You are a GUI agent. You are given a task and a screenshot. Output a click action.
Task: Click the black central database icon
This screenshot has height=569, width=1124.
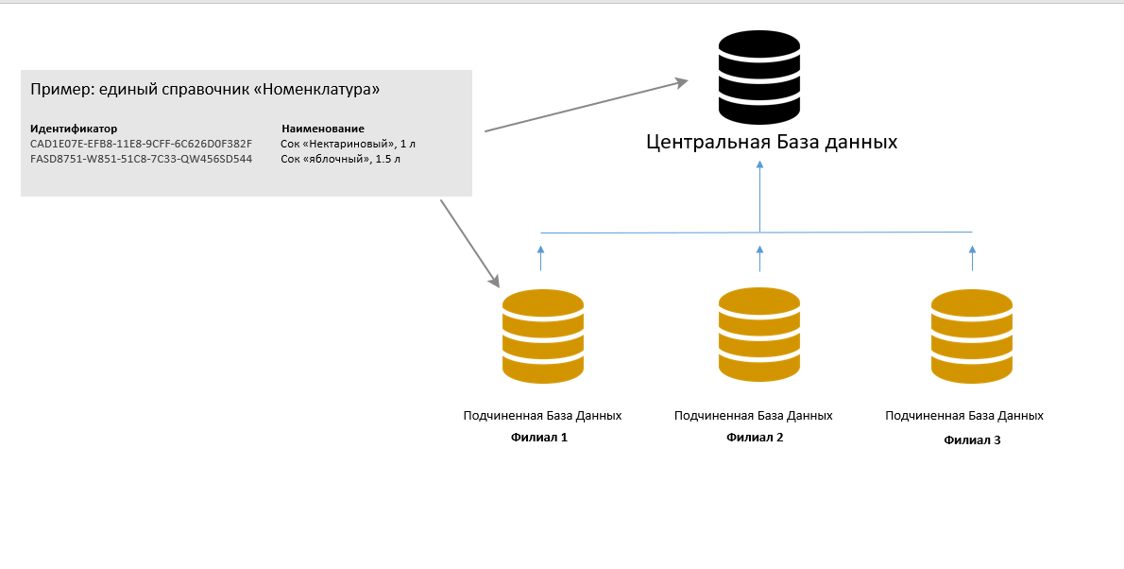point(759,77)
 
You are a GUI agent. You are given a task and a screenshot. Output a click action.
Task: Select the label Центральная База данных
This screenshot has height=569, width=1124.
point(772,143)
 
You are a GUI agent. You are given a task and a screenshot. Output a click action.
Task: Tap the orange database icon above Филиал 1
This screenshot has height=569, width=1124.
point(543,336)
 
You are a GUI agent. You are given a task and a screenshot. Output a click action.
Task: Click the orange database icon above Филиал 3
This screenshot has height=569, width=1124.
point(972,336)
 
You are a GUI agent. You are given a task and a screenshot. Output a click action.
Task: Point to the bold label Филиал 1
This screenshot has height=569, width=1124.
point(538,438)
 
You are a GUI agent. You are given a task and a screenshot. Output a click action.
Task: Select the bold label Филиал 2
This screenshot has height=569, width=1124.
point(755,438)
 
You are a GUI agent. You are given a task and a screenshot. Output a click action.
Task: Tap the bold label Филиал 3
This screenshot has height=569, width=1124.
point(972,440)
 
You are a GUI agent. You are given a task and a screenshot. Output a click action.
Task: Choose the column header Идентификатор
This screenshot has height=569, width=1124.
point(74,129)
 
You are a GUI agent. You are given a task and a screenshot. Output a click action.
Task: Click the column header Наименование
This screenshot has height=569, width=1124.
point(323,129)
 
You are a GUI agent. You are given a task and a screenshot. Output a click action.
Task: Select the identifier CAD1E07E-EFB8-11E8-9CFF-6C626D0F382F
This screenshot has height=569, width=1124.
point(142,144)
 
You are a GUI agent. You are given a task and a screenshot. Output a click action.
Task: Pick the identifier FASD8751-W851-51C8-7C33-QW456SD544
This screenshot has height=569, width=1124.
point(142,159)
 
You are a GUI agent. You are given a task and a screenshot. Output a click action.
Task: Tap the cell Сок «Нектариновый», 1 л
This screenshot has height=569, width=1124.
point(349,144)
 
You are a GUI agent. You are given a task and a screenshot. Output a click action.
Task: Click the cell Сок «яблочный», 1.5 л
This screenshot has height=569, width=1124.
point(341,159)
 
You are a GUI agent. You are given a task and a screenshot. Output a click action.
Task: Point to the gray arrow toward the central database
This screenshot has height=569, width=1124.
point(586,106)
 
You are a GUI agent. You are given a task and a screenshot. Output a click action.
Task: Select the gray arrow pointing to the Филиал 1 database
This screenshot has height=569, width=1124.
point(469,242)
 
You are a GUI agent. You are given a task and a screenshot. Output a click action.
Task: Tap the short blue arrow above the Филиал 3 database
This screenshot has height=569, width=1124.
point(972,258)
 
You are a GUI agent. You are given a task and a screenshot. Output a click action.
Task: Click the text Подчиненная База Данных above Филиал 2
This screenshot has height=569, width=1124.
point(754,416)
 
